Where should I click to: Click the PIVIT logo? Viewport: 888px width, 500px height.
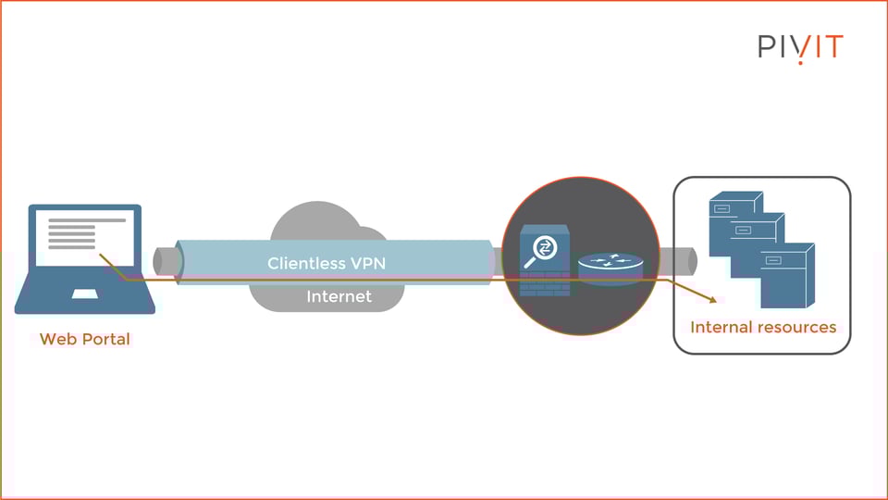pyautogui.click(x=801, y=47)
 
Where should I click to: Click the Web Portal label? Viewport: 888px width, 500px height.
pyautogui.click(x=85, y=339)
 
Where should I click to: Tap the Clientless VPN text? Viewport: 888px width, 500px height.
pyautogui.click(x=327, y=263)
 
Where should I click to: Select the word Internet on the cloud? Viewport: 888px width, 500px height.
pyautogui.click(x=339, y=296)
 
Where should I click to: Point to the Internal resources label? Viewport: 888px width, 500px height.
pyautogui.click(x=763, y=327)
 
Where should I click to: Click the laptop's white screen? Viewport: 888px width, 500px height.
pyautogui.click(x=85, y=238)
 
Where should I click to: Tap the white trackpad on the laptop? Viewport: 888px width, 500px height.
pyautogui.click(x=85, y=294)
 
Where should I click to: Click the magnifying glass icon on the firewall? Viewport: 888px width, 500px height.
pyautogui.click(x=541, y=252)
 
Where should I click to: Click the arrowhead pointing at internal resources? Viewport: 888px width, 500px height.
pyautogui.click(x=712, y=299)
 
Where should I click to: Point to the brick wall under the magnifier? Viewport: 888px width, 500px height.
pyautogui.click(x=545, y=283)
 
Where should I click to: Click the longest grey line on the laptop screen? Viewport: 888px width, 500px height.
pyautogui.click(x=87, y=220)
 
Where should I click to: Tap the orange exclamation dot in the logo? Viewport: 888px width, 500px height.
pyautogui.click(x=800, y=62)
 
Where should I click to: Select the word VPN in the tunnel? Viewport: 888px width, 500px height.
pyautogui.click(x=367, y=263)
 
